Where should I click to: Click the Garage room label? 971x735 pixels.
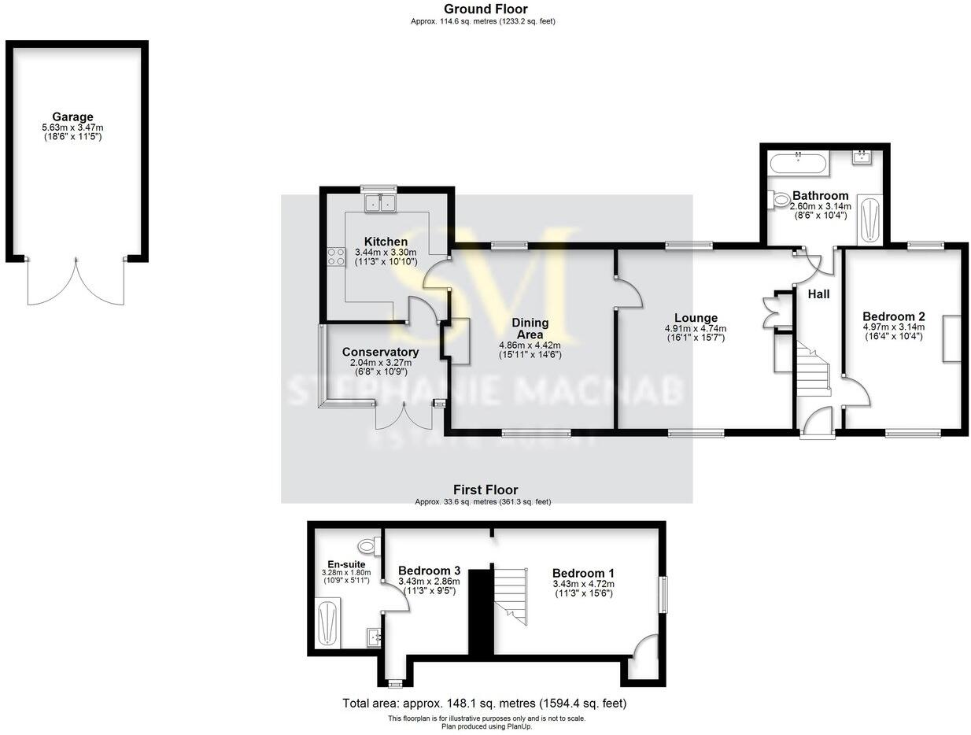point(72,117)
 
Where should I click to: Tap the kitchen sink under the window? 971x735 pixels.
point(379,203)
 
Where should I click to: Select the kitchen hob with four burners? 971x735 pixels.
point(336,256)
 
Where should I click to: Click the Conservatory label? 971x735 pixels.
point(380,352)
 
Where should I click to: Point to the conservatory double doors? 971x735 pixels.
point(404,416)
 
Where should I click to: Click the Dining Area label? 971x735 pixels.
point(530,328)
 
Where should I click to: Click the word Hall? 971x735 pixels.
point(818,294)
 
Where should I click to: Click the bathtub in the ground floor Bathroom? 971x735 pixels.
point(798,164)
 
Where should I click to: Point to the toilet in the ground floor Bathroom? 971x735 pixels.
point(782,201)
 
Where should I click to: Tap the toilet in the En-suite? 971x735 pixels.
point(367,545)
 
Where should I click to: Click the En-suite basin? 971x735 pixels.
point(374,636)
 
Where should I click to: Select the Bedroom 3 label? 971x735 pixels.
point(429,571)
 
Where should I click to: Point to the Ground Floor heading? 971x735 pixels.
point(485,9)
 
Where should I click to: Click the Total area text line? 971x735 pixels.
point(485,703)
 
